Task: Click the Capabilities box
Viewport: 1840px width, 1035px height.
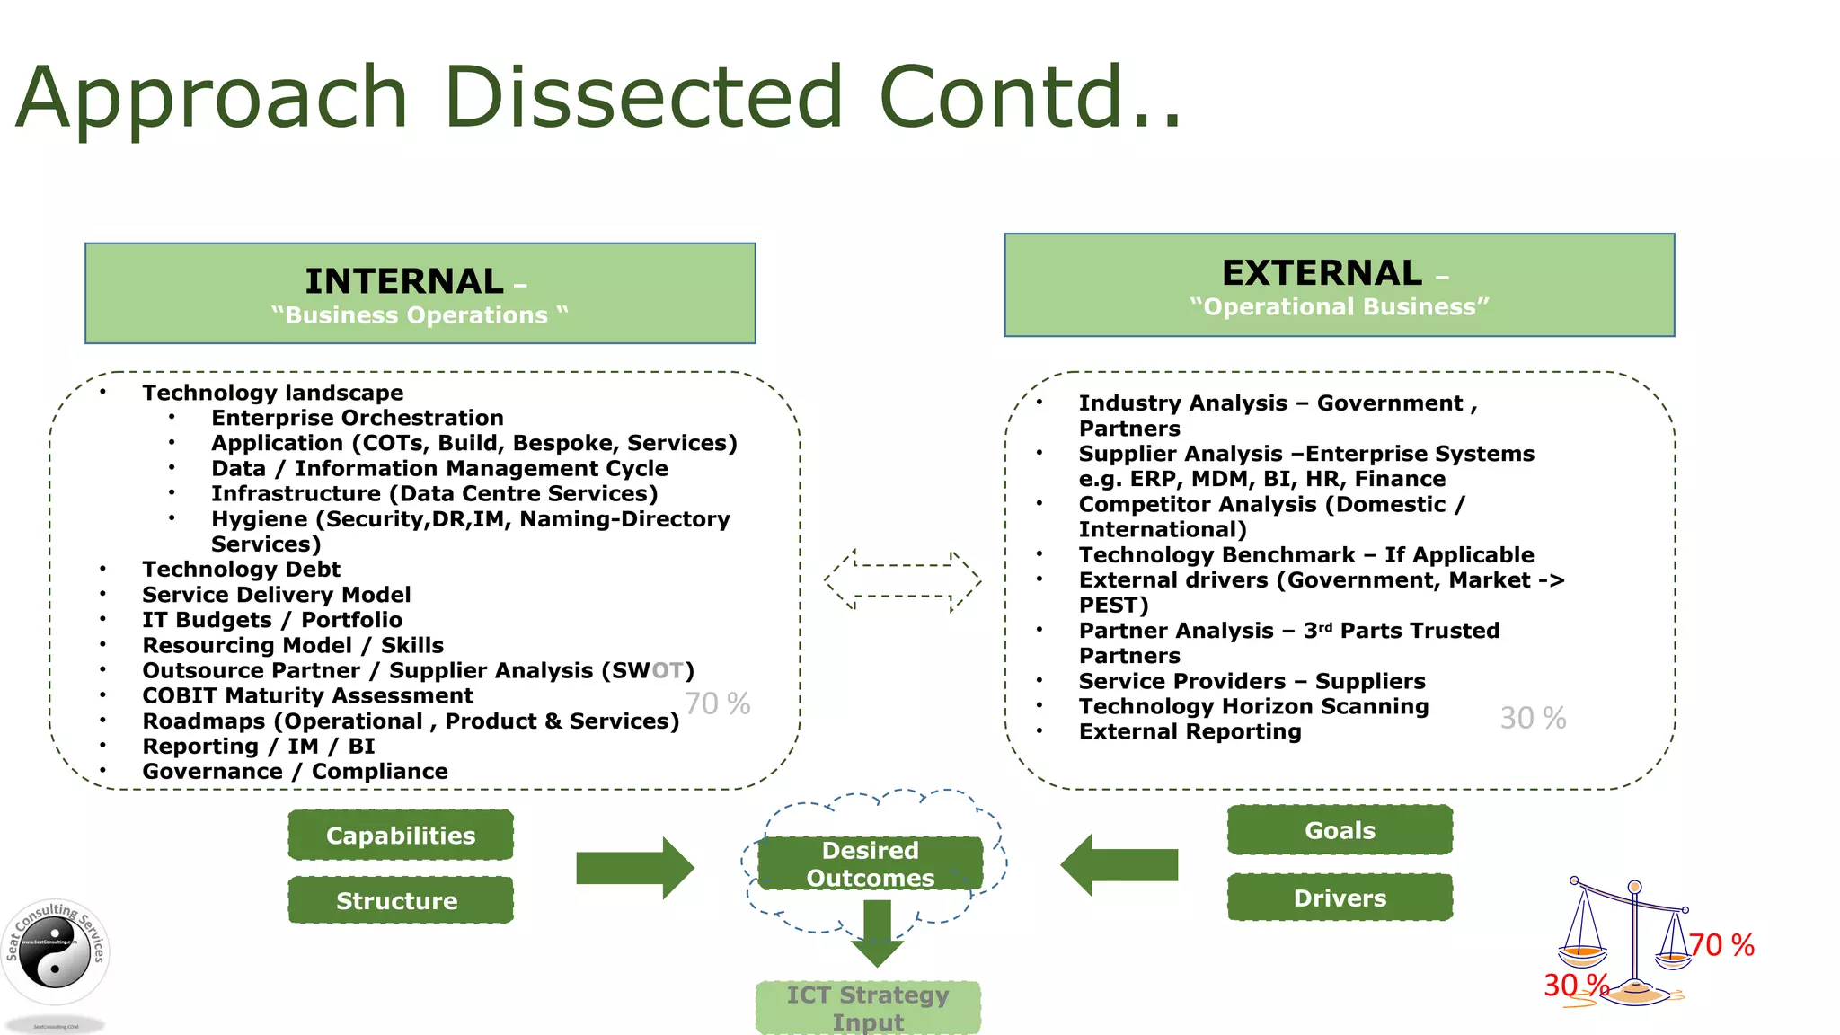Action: click(x=401, y=836)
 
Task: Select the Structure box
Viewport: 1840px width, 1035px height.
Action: click(x=401, y=900)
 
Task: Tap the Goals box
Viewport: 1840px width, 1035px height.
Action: click(x=1340, y=830)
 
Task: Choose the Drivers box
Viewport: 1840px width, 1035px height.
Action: click(x=1340, y=898)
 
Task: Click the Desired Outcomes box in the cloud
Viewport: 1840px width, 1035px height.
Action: click(x=870, y=863)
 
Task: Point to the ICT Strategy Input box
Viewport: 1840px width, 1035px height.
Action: click(x=868, y=1008)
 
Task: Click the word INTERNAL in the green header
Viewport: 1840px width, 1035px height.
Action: click(x=404, y=281)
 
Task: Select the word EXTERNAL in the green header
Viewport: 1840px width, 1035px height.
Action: click(x=1322, y=273)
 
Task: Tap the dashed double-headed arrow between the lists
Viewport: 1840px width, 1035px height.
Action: click(x=902, y=580)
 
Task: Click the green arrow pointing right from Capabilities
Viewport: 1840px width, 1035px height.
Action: click(x=634, y=868)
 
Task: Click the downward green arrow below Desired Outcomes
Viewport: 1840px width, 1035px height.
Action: click(x=877, y=933)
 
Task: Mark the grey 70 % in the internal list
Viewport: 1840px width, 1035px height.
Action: click(x=717, y=703)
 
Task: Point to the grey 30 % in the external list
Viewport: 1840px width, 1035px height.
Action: click(x=1533, y=718)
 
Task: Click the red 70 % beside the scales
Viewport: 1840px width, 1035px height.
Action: click(x=1721, y=945)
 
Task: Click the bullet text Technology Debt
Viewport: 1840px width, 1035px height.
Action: click(x=241, y=570)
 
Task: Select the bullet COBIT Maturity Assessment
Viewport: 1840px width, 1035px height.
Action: click(x=307, y=695)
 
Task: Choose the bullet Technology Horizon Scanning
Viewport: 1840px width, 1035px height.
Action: click(x=1253, y=706)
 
